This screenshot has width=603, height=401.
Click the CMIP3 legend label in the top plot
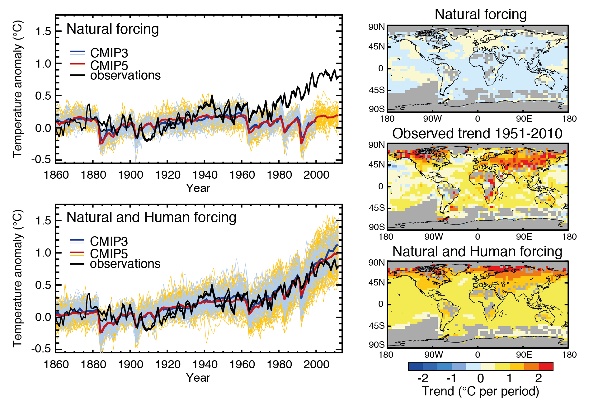109,53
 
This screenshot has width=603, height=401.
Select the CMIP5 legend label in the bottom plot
109,254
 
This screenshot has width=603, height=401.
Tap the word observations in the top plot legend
125,76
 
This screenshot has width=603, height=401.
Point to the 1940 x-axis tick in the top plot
205,175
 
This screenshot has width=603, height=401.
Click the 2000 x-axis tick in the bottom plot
316,365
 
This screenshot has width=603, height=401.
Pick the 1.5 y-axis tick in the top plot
43,31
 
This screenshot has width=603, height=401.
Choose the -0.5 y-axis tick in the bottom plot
41,348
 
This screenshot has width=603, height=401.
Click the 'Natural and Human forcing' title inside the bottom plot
151,217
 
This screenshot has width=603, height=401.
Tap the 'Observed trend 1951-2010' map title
477,134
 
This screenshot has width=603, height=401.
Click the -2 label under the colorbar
423,378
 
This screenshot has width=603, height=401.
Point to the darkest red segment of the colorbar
546,366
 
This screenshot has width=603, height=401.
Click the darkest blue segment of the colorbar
416,366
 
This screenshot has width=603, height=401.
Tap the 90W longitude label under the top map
432,119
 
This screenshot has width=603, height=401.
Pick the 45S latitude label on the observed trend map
377,208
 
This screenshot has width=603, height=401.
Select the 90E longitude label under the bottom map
524,355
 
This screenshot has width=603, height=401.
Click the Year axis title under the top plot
198,188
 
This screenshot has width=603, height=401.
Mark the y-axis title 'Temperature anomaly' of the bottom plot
18,279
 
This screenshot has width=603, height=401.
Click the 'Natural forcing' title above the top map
480,14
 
